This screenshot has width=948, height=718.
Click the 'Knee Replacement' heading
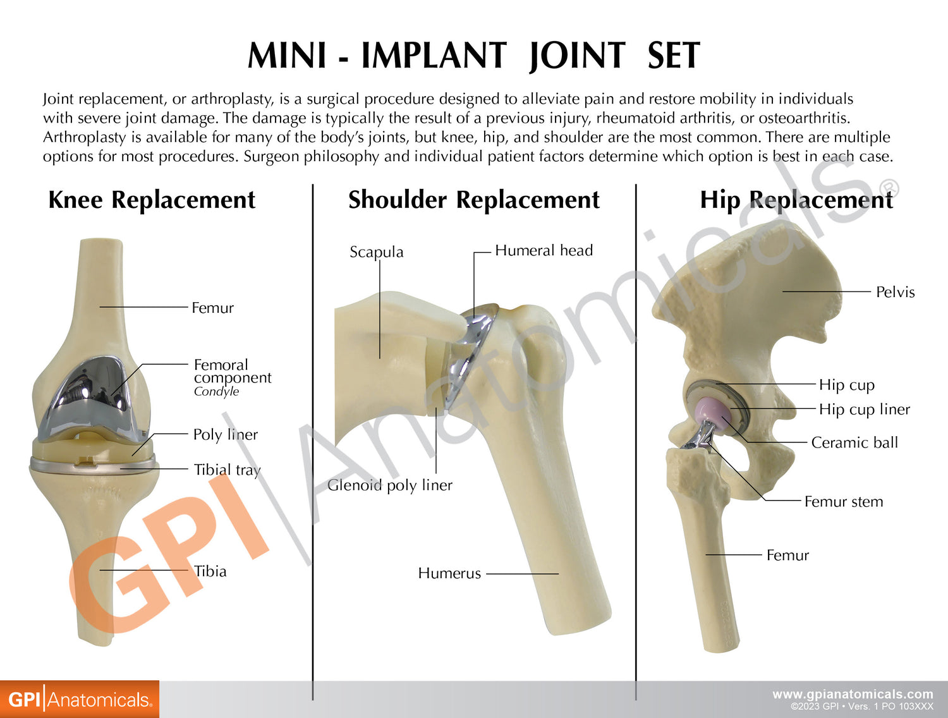pos(152,200)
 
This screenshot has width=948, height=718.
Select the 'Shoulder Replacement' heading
pos(474,200)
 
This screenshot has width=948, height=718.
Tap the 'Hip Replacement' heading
pos(796,200)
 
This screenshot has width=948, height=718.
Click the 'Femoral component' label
pos(233,371)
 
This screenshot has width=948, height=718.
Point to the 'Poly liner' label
pos(226,435)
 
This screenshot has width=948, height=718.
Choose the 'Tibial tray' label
pos(227,470)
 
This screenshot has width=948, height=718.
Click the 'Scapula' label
pos(377,252)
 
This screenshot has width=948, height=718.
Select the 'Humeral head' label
pos(544,250)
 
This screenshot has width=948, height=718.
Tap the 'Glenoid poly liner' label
pos(389,485)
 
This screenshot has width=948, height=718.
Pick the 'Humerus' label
pos(449,573)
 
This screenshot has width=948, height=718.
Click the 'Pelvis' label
pos(895,292)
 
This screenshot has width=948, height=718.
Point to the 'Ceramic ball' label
pos(854,442)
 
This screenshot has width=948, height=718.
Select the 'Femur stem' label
pos(844,502)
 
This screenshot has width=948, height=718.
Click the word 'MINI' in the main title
pos(287,56)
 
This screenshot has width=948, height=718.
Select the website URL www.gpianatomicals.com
pos(853,694)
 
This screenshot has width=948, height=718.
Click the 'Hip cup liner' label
pos(864,410)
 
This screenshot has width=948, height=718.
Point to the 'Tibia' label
pos(210,571)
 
